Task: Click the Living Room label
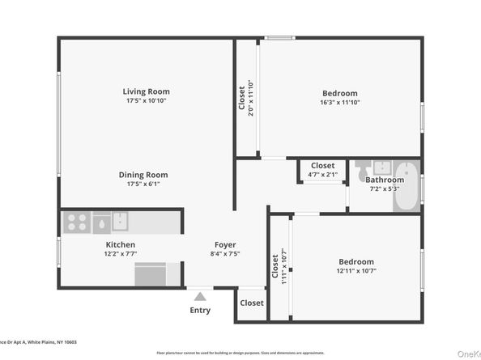pos(147,91)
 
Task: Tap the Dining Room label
pos(143,175)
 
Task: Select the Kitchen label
pos(120,244)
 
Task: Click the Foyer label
pos(225,244)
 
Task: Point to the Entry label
pos(199,310)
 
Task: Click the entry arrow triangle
pos(199,294)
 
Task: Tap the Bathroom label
pos(384,180)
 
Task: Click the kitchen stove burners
pos(76,222)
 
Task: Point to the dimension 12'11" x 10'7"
pos(356,272)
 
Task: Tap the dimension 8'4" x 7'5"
pos(225,254)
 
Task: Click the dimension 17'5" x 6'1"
pos(143,184)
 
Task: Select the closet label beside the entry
pos(251,303)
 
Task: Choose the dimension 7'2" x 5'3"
pos(384,189)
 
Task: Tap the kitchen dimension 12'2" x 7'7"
pos(120,254)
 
